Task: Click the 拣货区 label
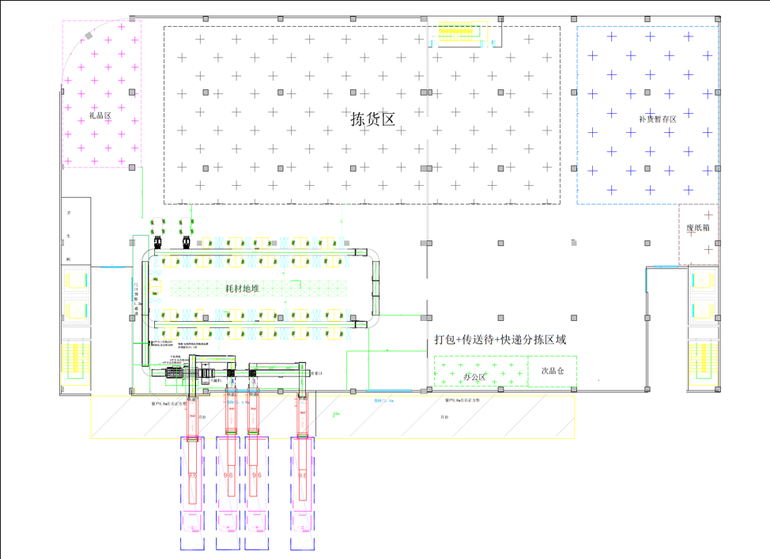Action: [x=372, y=119]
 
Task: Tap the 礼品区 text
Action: [x=101, y=116]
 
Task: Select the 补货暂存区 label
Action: [x=657, y=119]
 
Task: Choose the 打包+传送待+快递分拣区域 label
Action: [x=500, y=340]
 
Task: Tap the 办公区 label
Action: [x=474, y=377]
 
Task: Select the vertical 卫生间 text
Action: [x=69, y=236]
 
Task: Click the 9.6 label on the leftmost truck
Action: [x=193, y=475]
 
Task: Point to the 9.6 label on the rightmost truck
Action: [x=302, y=475]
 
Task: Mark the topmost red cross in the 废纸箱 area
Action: [x=708, y=214]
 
